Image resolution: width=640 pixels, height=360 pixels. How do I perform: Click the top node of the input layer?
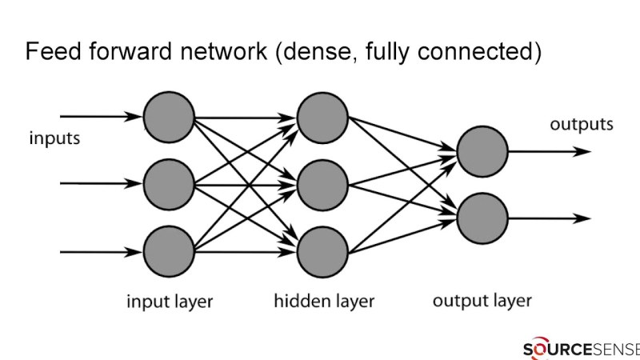(x=170, y=118)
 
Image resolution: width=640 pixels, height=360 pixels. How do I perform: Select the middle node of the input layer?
(x=170, y=184)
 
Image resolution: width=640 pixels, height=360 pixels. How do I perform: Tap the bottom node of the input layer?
(x=170, y=251)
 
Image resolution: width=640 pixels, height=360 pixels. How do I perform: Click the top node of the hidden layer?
(x=322, y=118)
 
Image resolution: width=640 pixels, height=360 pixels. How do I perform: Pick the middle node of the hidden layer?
(x=322, y=184)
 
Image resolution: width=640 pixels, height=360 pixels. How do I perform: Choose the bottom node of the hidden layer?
(x=322, y=251)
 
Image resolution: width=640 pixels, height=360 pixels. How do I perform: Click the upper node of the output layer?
(x=482, y=150)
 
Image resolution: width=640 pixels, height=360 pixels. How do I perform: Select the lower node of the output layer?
(x=482, y=218)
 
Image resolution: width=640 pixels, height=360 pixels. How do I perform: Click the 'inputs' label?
(x=55, y=138)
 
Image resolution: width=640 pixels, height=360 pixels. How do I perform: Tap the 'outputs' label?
(x=582, y=125)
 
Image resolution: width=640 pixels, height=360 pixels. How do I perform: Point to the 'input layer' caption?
(x=170, y=302)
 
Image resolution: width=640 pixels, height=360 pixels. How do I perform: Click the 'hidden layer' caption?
(x=324, y=302)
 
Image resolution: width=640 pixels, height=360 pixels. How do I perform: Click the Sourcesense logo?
(x=581, y=349)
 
